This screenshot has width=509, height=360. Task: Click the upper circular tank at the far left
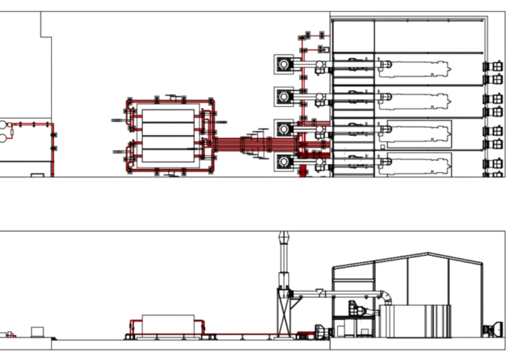(x=3, y=125)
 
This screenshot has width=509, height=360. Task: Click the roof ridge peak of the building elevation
(x=429, y=254)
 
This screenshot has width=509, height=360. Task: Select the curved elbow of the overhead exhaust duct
(x=386, y=297)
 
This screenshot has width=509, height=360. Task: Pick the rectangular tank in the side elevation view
(x=168, y=324)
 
